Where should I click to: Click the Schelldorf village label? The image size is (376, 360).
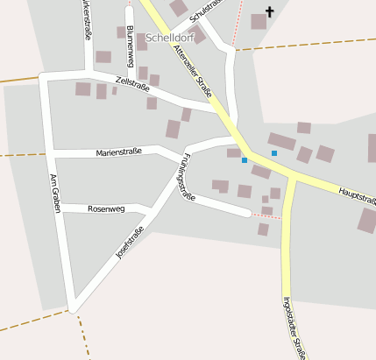click(169, 39)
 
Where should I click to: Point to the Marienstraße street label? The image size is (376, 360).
click(119, 153)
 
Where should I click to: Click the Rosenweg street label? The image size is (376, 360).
click(107, 208)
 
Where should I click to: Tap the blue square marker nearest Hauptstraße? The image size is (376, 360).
click(274, 153)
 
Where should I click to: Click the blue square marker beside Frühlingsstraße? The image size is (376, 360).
click(245, 160)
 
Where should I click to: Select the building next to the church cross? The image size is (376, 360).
click(259, 22)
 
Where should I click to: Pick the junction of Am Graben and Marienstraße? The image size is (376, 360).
click(52, 152)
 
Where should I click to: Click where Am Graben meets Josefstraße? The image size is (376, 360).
click(73, 307)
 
